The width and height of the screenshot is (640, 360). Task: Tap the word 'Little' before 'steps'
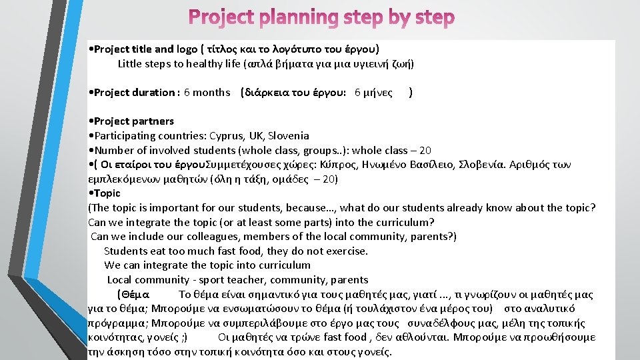click(131, 64)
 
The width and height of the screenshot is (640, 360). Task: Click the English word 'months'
click(211, 93)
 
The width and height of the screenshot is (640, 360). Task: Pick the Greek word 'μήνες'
click(377, 93)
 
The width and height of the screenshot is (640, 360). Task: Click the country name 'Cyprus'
click(227, 135)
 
